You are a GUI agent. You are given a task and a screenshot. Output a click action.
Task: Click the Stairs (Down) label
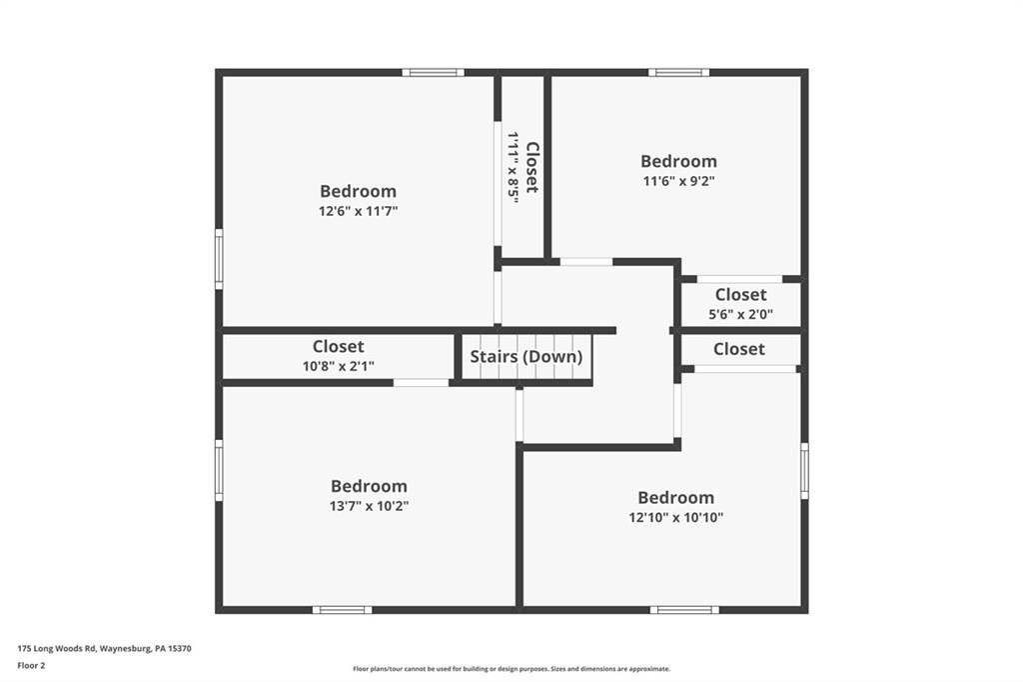[x=525, y=357]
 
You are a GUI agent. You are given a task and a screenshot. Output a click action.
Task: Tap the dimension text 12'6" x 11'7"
[x=359, y=211]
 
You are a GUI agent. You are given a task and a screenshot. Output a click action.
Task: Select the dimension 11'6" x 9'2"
[x=678, y=181]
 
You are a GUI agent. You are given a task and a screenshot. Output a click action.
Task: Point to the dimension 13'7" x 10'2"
[x=370, y=506]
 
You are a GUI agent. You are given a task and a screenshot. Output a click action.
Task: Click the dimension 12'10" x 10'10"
[x=676, y=517]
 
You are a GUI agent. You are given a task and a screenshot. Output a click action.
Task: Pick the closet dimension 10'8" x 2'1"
[x=338, y=366]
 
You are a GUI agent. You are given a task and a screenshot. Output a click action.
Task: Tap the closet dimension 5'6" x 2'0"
[x=740, y=314]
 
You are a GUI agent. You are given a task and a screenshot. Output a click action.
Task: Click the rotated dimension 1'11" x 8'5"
[x=513, y=168]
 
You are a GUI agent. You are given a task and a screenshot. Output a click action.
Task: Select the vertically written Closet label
[x=532, y=168]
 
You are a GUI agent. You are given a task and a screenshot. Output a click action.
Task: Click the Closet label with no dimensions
[x=738, y=349]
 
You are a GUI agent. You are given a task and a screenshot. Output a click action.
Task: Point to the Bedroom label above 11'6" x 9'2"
[x=678, y=161]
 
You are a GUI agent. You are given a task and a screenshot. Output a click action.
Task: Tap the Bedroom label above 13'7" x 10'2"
[x=369, y=486]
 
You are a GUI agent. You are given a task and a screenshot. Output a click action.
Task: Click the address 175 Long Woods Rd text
[x=57, y=649]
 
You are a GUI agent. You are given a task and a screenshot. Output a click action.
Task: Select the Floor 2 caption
[x=31, y=666]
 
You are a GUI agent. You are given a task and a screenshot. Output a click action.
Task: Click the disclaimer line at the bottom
[x=511, y=669]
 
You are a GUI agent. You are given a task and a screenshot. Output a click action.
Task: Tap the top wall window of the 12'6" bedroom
[x=434, y=73]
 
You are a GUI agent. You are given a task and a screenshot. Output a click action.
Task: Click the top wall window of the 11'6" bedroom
[x=678, y=73]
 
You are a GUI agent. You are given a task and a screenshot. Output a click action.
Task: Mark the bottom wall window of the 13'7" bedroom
[x=342, y=610]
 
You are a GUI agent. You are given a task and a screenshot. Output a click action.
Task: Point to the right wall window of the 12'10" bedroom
[x=804, y=471]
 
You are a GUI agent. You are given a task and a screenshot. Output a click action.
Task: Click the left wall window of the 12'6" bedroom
[x=219, y=259]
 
